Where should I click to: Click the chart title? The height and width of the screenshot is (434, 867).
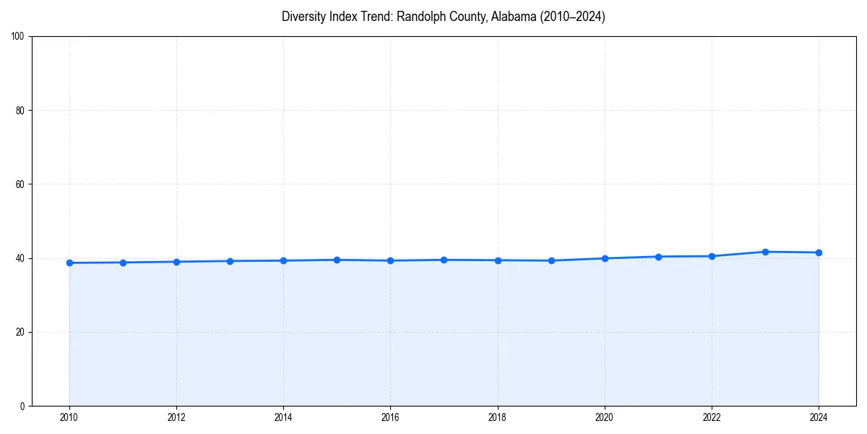coord(443,17)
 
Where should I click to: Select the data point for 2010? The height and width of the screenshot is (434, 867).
coord(69,263)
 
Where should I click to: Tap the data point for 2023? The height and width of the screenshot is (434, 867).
coord(765,252)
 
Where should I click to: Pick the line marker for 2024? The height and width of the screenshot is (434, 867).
coord(819,252)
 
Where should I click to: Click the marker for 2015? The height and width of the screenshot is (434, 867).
coord(337,260)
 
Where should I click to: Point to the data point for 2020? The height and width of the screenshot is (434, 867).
coord(605,258)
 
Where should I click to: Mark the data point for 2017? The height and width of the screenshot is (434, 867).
coord(444,260)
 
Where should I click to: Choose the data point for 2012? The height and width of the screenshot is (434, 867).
coord(176,262)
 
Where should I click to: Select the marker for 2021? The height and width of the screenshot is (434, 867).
coord(658,257)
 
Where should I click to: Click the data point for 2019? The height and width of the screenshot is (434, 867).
coord(551,260)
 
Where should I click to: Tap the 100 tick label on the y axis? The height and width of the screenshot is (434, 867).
coord(18,37)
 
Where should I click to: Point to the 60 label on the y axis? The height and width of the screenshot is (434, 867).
coord(20,184)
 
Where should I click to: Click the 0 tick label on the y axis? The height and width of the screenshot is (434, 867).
coord(22,406)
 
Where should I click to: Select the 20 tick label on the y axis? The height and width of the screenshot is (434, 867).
coord(20,332)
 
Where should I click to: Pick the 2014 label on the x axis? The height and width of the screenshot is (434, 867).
coord(283,417)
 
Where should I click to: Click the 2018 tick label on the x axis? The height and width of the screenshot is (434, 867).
coord(497,417)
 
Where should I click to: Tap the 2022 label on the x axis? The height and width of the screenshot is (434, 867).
coord(712,417)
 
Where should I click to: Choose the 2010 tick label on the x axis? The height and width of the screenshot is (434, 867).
coord(69,417)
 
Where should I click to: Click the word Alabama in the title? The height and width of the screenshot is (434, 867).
coord(511,17)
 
